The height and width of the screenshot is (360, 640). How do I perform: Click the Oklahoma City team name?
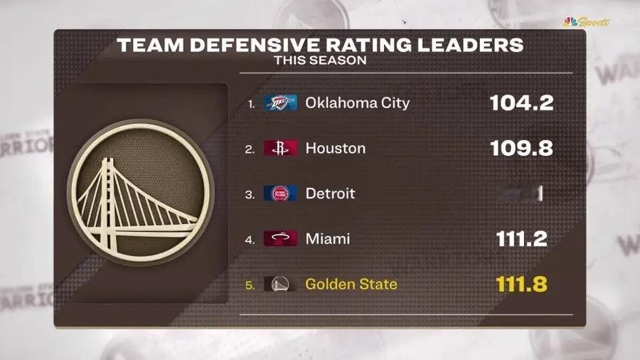point(357,102)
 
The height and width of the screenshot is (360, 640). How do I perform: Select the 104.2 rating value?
point(521,103)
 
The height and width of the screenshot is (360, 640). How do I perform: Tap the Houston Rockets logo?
point(280,148)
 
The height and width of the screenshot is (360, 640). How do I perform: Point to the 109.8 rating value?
point(521,148)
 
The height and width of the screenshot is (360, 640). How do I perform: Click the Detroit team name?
point(330,194)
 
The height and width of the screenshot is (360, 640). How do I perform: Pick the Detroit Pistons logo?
point(280,194)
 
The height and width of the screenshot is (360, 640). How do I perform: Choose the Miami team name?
point(327,239)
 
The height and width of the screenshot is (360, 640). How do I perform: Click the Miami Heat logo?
point(280,239)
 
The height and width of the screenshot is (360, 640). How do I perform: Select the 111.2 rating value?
point(521,239)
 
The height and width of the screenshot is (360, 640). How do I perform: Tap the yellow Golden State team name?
point(351,285)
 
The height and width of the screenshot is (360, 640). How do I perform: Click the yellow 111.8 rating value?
point(521,285)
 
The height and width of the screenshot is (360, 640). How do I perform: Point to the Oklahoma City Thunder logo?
point(280,102)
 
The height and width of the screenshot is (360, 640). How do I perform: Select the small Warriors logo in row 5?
point(280,285)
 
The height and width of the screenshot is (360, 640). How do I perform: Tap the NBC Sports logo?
point(586,22)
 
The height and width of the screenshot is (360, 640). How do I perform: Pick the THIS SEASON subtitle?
point(320,60)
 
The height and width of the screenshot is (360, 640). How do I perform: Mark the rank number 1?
point(250,103)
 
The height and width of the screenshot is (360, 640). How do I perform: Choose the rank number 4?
point(250,240)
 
